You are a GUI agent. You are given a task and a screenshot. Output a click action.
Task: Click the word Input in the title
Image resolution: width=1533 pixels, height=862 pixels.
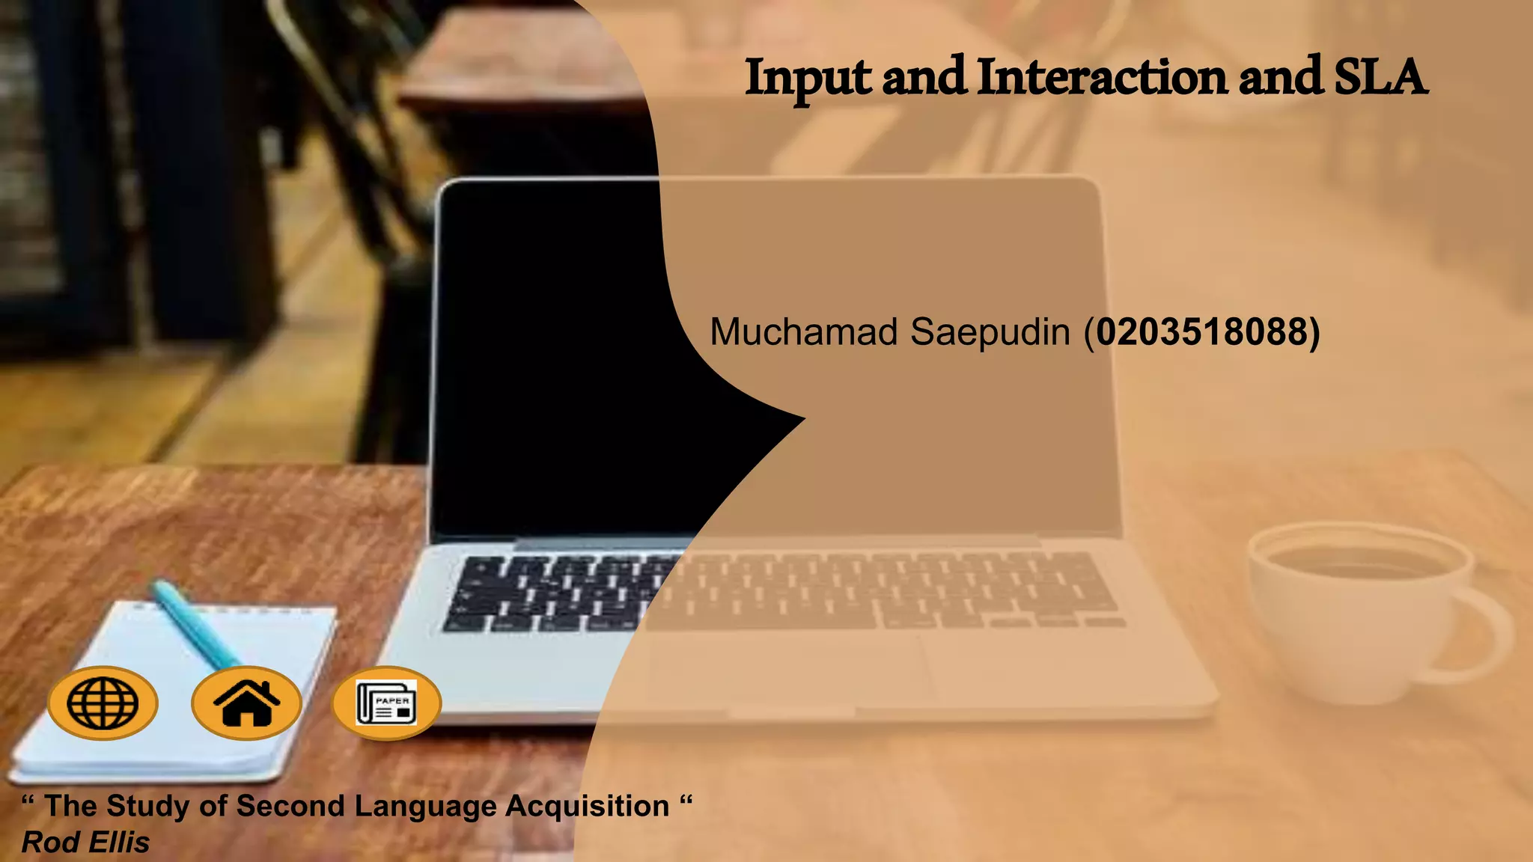point(808,79)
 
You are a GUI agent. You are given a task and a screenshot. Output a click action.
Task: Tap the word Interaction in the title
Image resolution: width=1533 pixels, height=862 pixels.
point(1102,77)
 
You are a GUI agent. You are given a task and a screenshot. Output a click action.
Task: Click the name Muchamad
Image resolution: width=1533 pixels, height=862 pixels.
point(803,331)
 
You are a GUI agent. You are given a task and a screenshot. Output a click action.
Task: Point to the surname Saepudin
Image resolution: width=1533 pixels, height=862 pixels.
point(990,332)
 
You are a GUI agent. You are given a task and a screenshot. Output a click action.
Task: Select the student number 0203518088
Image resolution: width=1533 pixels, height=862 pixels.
point(1202,331)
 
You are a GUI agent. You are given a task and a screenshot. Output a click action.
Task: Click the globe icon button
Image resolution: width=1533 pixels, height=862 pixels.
point(103,703)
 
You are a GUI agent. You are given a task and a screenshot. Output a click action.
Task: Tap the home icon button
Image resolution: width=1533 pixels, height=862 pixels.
point(246,703)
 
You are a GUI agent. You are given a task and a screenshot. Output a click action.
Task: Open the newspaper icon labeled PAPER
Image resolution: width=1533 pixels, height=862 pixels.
point(387,703)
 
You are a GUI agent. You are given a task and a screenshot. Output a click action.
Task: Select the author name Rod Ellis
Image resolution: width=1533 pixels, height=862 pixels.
point(86,843)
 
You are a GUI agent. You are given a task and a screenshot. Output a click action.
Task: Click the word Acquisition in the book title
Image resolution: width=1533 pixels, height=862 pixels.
point(588,806)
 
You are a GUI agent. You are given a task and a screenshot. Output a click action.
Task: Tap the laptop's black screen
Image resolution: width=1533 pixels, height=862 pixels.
point(554,359)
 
